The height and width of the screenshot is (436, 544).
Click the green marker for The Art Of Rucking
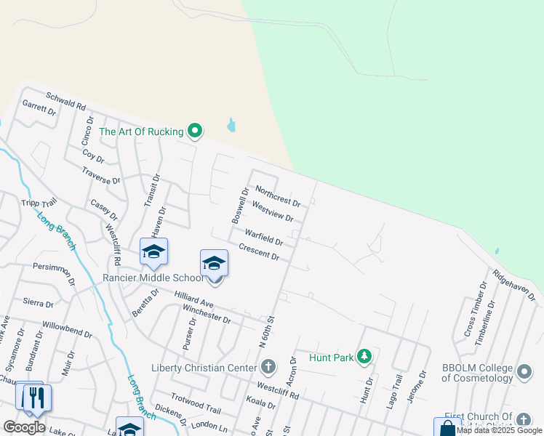point(194,131)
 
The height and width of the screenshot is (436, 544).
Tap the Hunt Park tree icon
point(364,356)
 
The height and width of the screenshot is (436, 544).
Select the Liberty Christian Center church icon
point(268,366)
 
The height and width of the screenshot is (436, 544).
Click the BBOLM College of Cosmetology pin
point(525,373)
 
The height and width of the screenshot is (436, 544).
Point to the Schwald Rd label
point(65,101)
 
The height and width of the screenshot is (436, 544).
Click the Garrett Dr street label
point(39,108)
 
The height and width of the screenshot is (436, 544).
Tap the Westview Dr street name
point(273,212)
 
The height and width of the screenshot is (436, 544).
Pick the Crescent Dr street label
point(259,252)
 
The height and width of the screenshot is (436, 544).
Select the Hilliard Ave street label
point(193,299)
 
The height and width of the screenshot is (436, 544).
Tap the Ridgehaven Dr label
point(513,286)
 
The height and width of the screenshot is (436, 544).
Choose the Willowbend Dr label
point(68,329)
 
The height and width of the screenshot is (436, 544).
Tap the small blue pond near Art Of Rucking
point(231,125)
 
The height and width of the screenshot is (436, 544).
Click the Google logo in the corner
point(24,427)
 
